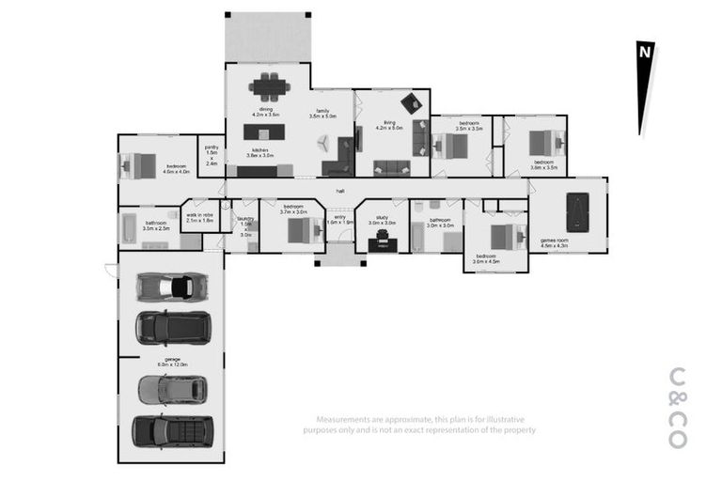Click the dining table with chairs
coord(270,87)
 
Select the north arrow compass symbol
coord(645,89)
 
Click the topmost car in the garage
coord(171,286)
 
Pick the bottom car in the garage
coord(171,430)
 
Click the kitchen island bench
coord(264,132)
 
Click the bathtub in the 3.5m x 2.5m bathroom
coord(129,229)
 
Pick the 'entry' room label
coord(340,218)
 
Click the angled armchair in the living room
coord(411,103)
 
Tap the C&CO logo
coord(677,406)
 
